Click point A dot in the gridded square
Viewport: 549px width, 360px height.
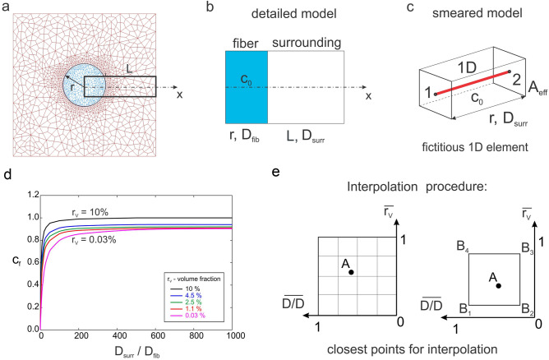[x=351, y=247]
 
